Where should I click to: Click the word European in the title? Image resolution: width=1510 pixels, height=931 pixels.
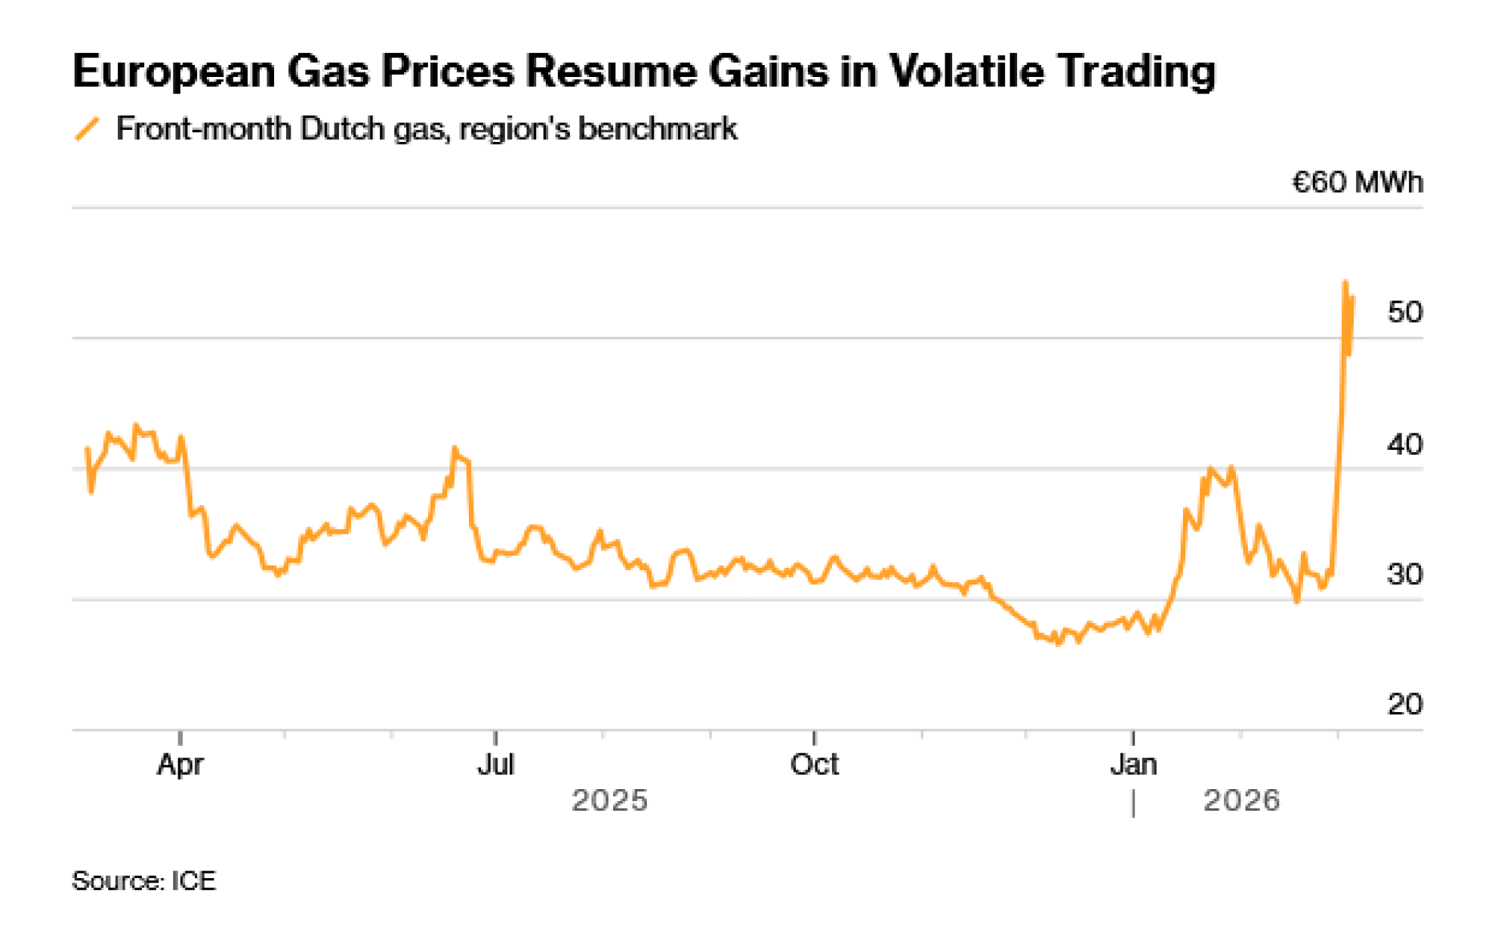click(x=174, y=72)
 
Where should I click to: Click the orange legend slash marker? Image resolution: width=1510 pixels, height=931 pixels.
click(x=87, y=129)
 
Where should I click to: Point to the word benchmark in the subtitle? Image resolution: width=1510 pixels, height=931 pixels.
click(x=657, y=129)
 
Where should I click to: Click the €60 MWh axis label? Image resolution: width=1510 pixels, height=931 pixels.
click(x=1357, y=183)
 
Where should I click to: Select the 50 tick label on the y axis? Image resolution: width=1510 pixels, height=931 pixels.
click(x=1404, y=312)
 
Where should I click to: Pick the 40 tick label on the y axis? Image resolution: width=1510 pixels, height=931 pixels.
click(x=1404, y=445)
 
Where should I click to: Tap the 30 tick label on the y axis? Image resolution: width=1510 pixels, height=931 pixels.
click(x=1404, y=575)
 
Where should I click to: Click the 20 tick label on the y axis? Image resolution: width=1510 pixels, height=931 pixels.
click(x=1404, y=704)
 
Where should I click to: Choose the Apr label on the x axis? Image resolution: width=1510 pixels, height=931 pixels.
click(x=180, y=765)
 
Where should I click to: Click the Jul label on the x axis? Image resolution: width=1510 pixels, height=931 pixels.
click(x=495, y=765)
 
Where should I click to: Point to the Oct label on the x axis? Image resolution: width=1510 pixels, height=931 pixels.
click(x=814, y=765)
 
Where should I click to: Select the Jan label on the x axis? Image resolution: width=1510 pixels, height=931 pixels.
click(x=1132, y=765)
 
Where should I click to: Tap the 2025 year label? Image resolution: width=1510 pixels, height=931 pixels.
click(x=609, y=800)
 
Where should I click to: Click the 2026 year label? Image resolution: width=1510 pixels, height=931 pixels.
click(x=1241, y=800)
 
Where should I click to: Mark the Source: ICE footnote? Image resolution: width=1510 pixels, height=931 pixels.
click(x=143, y=881)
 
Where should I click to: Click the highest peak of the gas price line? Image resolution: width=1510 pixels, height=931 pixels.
click(x=1345, y=282)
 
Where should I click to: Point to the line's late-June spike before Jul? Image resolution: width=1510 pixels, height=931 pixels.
click(x=455, y=448)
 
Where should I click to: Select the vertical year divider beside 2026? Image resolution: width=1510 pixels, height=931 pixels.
click(x=1133, y=803)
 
